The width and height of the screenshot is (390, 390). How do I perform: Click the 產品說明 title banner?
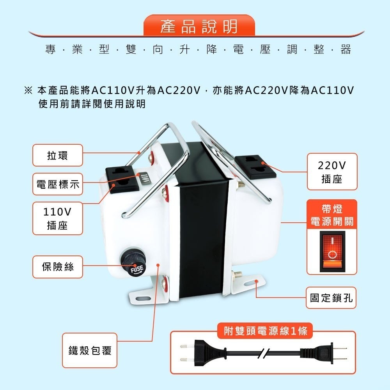(x=199, y=27)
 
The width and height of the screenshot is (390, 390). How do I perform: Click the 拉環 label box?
(x=57, y=155)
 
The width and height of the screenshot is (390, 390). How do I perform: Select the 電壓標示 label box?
(x=57, y=184)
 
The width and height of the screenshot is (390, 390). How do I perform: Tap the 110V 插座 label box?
(x=57, y=218)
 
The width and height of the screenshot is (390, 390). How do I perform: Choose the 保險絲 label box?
(x=57, y=267)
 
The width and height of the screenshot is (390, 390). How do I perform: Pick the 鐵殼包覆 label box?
(x=90, y=350)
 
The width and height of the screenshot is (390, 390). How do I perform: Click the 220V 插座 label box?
(x=332, y=172)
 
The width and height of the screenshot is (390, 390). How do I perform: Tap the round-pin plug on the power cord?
(x=195, y=353)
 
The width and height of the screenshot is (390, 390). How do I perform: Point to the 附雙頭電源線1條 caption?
(x=263, y=331)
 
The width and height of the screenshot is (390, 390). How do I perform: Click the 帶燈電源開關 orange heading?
(x=332, y=215)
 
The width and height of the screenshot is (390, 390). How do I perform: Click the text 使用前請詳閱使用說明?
(x=92, y=104)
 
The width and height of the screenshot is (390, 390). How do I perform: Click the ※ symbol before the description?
(x=28, y=91)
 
